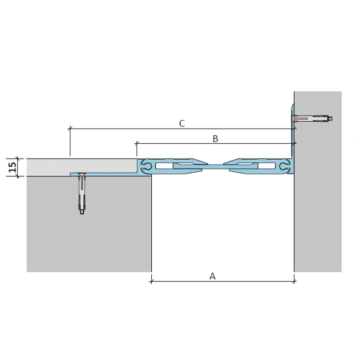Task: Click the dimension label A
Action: pyautogui.click(x=212, y=276)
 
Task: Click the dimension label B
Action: pyautogui.click(x=215, y=138)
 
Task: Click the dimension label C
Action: pyautogui.click(x=182, y=124)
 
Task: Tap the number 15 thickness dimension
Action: pyautogui.click(x=12, y=167)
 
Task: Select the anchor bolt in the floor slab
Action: pyautogui.click(x=82, y=193)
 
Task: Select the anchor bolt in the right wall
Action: pyautogui.click(x=312, y=119)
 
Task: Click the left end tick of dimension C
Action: pyautogui.click(x=70, y=129)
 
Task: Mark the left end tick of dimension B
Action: pyautogui.click(x=137, y=144)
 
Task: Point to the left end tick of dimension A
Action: pyautogui.click(x=151, y=281)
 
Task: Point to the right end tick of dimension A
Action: pyautogui.click(x=294, y=281)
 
